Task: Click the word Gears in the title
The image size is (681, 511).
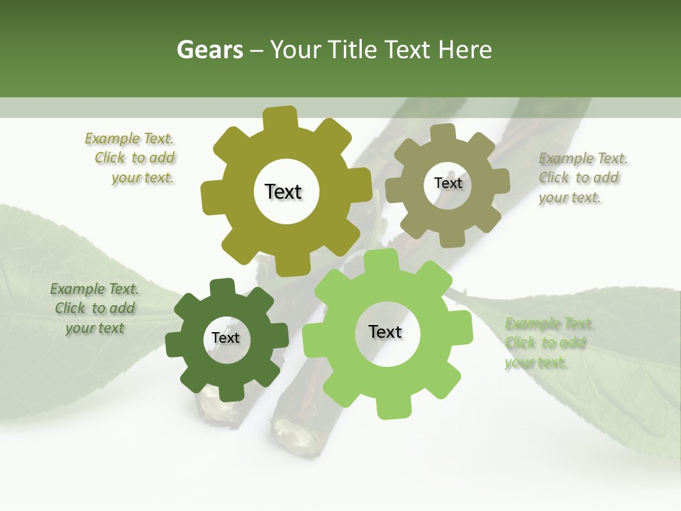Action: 210,50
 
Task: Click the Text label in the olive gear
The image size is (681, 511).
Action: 283,192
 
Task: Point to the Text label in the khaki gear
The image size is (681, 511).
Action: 448,183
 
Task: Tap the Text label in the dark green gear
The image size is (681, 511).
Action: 226,338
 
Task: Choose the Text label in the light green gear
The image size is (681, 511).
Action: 385,331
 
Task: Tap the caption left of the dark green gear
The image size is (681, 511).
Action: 94,308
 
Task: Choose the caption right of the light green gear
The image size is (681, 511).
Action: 548,344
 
